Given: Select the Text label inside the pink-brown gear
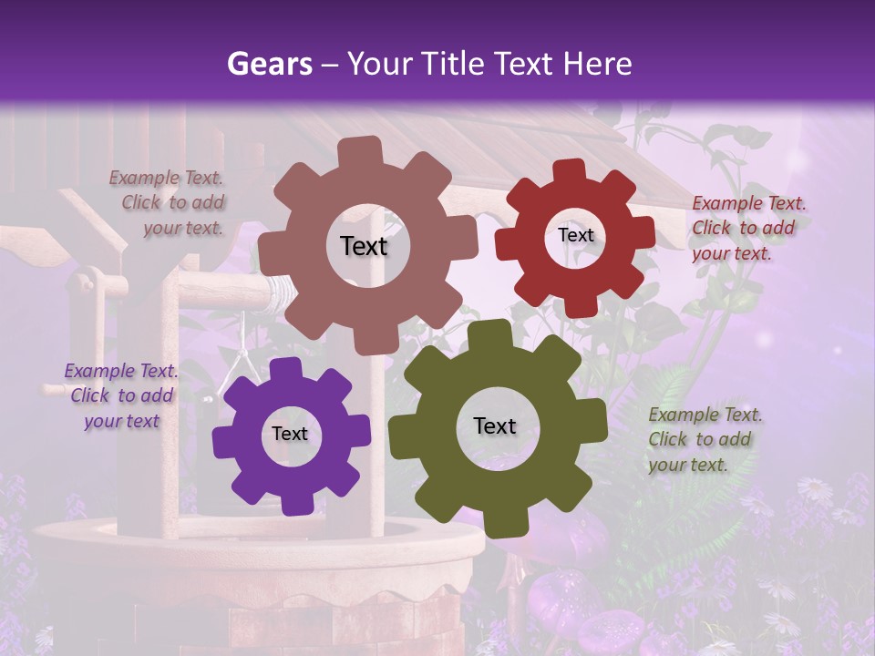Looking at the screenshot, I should click(x=364, y=246).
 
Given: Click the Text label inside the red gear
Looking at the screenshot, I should click(x=575, y=235).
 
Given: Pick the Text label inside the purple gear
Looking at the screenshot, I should click(x=290, y=434).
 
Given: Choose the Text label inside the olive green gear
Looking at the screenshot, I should click(x=495, y=426).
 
